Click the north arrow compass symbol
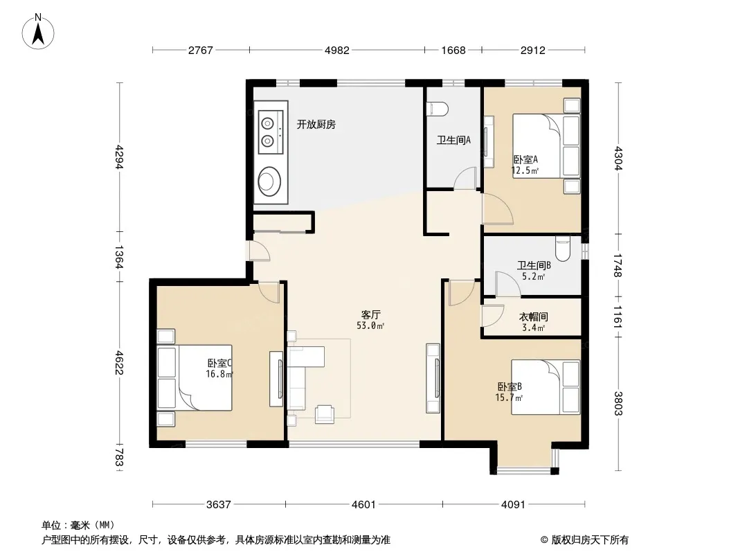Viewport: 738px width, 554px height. point(38,32)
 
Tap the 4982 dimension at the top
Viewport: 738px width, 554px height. point(337,51)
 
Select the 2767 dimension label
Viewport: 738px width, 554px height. point(201,51)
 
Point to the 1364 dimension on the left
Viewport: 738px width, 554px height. point(119,257)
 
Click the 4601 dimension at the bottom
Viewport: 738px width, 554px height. point(364,505)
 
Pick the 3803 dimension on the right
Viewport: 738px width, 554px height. point(618,403)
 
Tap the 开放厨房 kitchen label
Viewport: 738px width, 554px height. point(316,124)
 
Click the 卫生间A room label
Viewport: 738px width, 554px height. point(453,140)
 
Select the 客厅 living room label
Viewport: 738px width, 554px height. point(371,314)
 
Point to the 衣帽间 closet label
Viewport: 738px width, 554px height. point(533,316)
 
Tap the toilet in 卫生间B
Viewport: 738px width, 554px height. point(562,249)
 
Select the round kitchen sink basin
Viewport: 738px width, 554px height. point(270,181)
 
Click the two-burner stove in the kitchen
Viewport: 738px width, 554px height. point(270,132)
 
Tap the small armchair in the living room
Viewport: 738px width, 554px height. point(325,414)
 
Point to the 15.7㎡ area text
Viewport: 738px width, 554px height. point(509,397)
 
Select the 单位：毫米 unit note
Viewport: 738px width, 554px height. point(78,525)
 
